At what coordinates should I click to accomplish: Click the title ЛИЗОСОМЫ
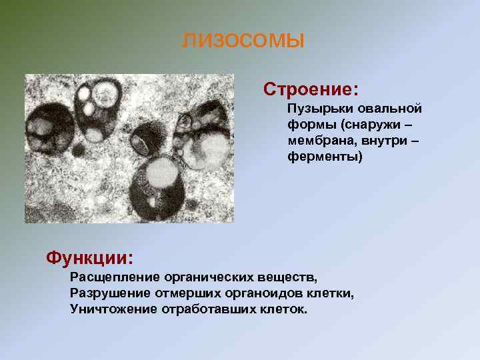point(243,41)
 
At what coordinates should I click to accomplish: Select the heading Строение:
point(311,89)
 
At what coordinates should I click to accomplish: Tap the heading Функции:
point(89,257)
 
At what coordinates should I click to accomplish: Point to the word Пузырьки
point(315,108)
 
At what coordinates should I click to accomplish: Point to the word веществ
point(285,276)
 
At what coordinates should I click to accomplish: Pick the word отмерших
point(181,293)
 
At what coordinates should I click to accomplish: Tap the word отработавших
point(203,309)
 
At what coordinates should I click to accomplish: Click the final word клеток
point(281,309)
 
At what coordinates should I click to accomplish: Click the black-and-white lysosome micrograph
point(129,148)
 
